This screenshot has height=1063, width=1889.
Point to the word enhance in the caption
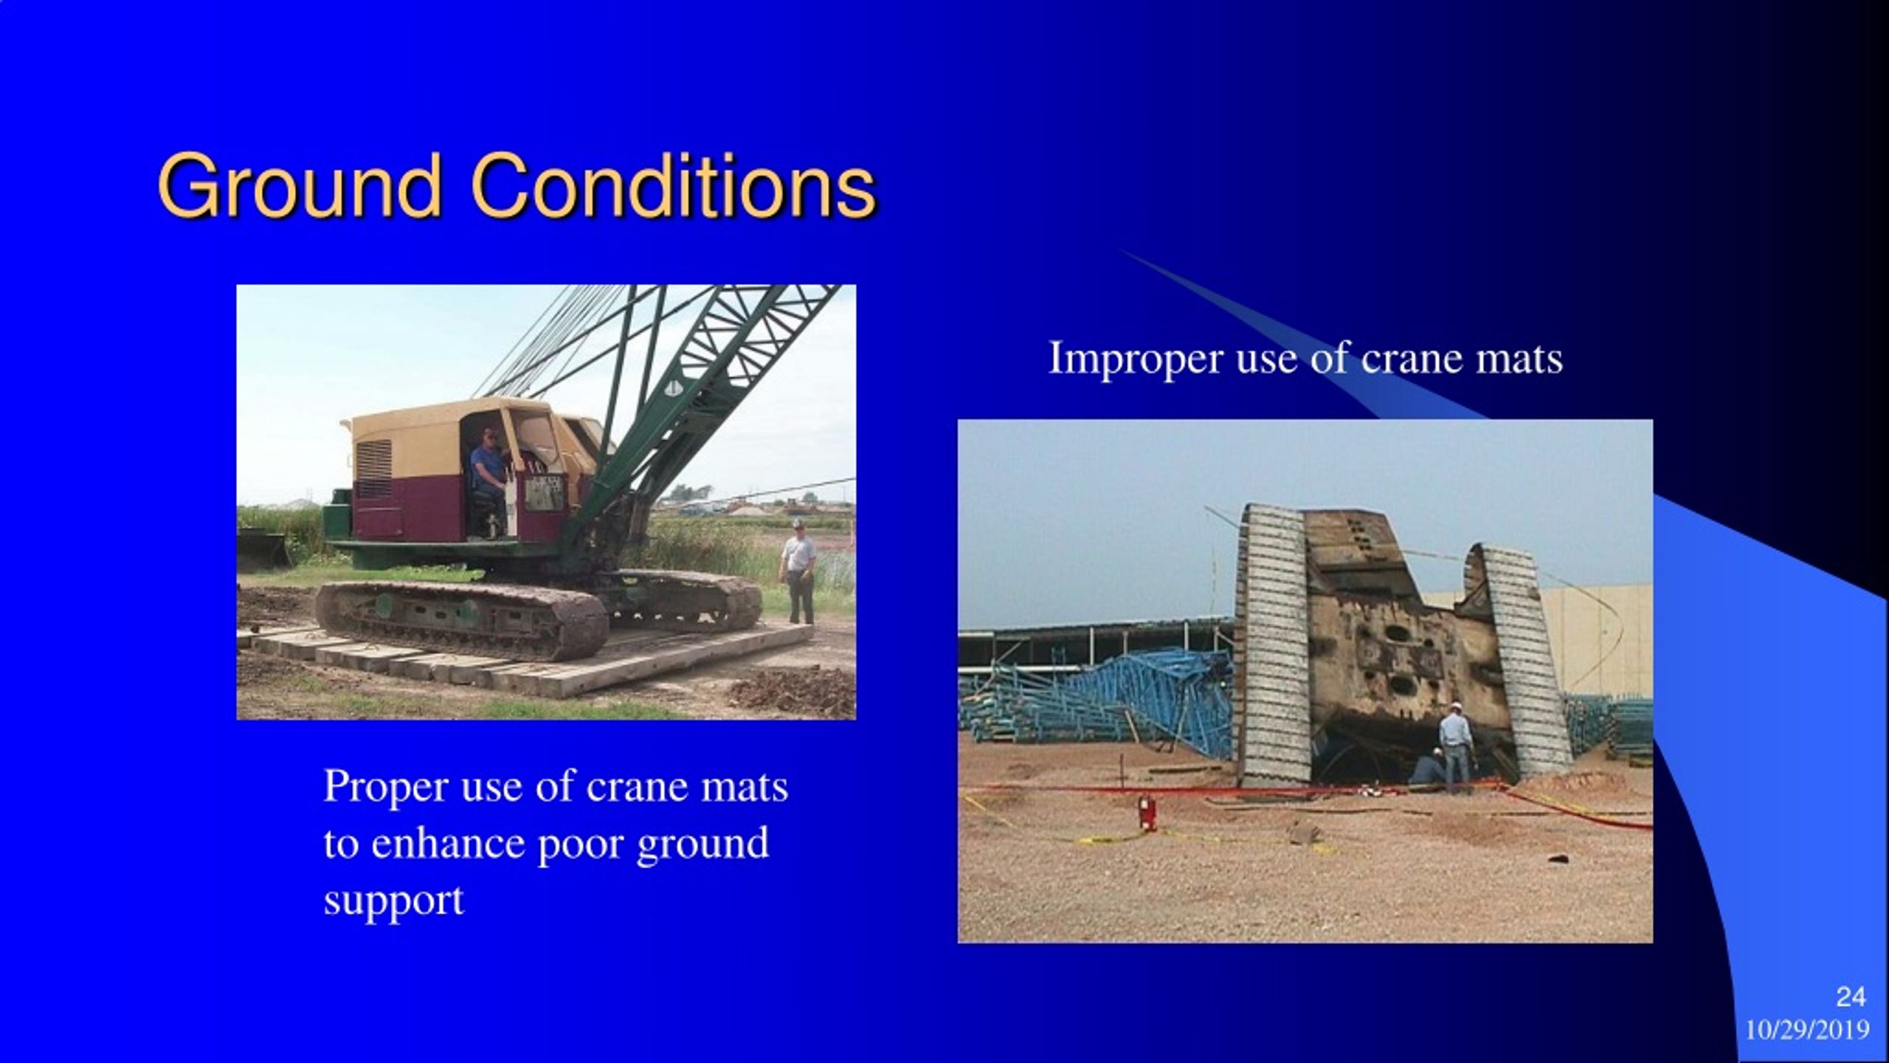(x=449, y=843)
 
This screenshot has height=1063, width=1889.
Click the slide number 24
(x=1851, y=997)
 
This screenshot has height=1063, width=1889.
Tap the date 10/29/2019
(x=1807, y=1029)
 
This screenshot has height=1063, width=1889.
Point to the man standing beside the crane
(x=798, y=571)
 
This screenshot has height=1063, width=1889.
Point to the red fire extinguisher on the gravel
(x=1146, y=812)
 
